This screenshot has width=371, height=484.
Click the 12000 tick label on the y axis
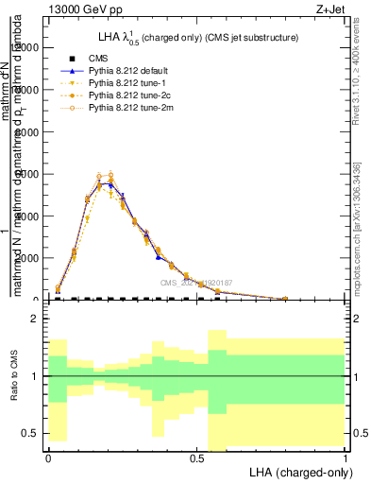click(x=28, y=48)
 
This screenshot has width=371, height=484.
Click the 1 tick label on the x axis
click(x=345, y=457)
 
